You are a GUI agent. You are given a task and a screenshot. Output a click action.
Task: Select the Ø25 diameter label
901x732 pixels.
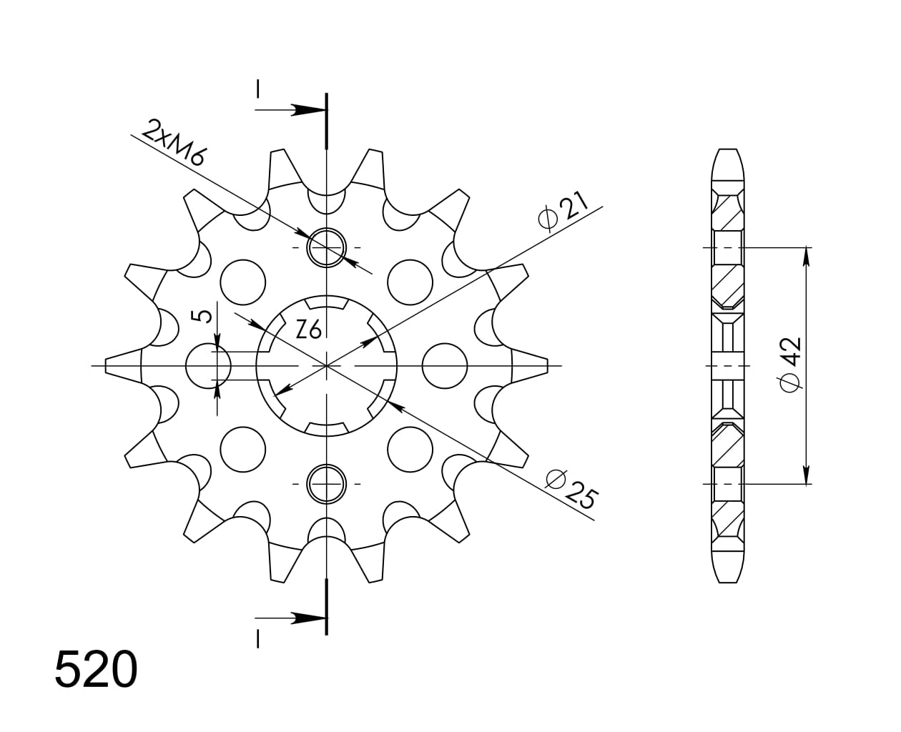pyautogui.click(x=571, y=488)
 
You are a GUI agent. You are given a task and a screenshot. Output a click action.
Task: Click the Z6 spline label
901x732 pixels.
pyautogui.click(x=308, y=330)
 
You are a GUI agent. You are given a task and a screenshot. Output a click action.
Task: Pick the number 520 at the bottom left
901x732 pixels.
pyautogui.click(x=96, y=670)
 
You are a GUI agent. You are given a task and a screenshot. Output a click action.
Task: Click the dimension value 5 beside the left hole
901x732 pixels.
pyautogui.click(x=205, y=315)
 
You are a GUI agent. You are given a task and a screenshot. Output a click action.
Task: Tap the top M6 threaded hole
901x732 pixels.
pyautogui.click(x=326, y=247)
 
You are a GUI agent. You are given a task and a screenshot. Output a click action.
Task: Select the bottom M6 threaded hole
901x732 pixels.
pyautogui.click(x=326, y=484)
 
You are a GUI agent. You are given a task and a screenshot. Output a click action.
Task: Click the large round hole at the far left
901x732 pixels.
pyautogui.click(x=208, y=366)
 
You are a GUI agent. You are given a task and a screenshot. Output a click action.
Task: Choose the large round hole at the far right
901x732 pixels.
pyautogui.click(x=445, y=366)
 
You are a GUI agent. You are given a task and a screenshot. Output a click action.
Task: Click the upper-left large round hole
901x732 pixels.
pyautogui.click(x=242, y=282)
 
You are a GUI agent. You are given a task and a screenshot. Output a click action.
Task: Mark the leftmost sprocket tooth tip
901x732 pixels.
pyautogui.click(x=108, y=365)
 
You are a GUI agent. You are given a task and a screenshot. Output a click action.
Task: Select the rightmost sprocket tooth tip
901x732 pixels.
pyautogui.click(x=546, y=365)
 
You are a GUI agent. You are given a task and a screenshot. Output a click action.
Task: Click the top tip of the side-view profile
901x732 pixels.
pyautogui.click(x=727, y=151)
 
